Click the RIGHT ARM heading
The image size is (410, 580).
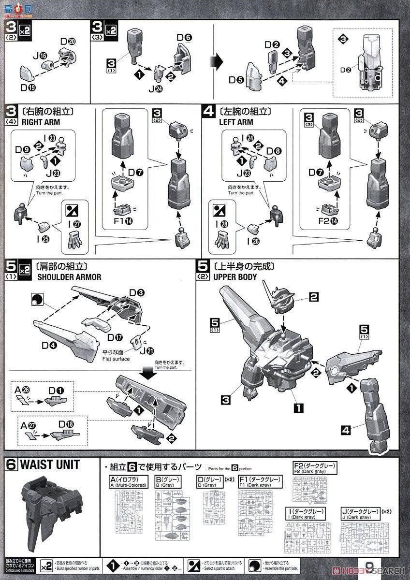[x=41, y=122]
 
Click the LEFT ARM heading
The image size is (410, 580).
[x=236, y=122]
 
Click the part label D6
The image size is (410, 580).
[x=184, y=37]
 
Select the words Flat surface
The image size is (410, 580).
[x=116, y=359]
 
